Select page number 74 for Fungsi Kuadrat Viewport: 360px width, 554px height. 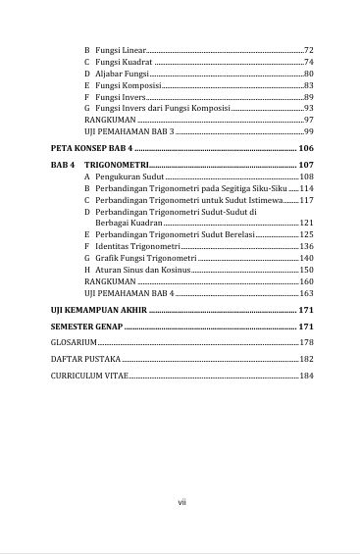308,62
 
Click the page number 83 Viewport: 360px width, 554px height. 308,85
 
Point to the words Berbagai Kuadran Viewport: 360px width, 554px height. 128,223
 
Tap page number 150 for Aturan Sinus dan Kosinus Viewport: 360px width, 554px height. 306,269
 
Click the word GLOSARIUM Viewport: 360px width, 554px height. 74,342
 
